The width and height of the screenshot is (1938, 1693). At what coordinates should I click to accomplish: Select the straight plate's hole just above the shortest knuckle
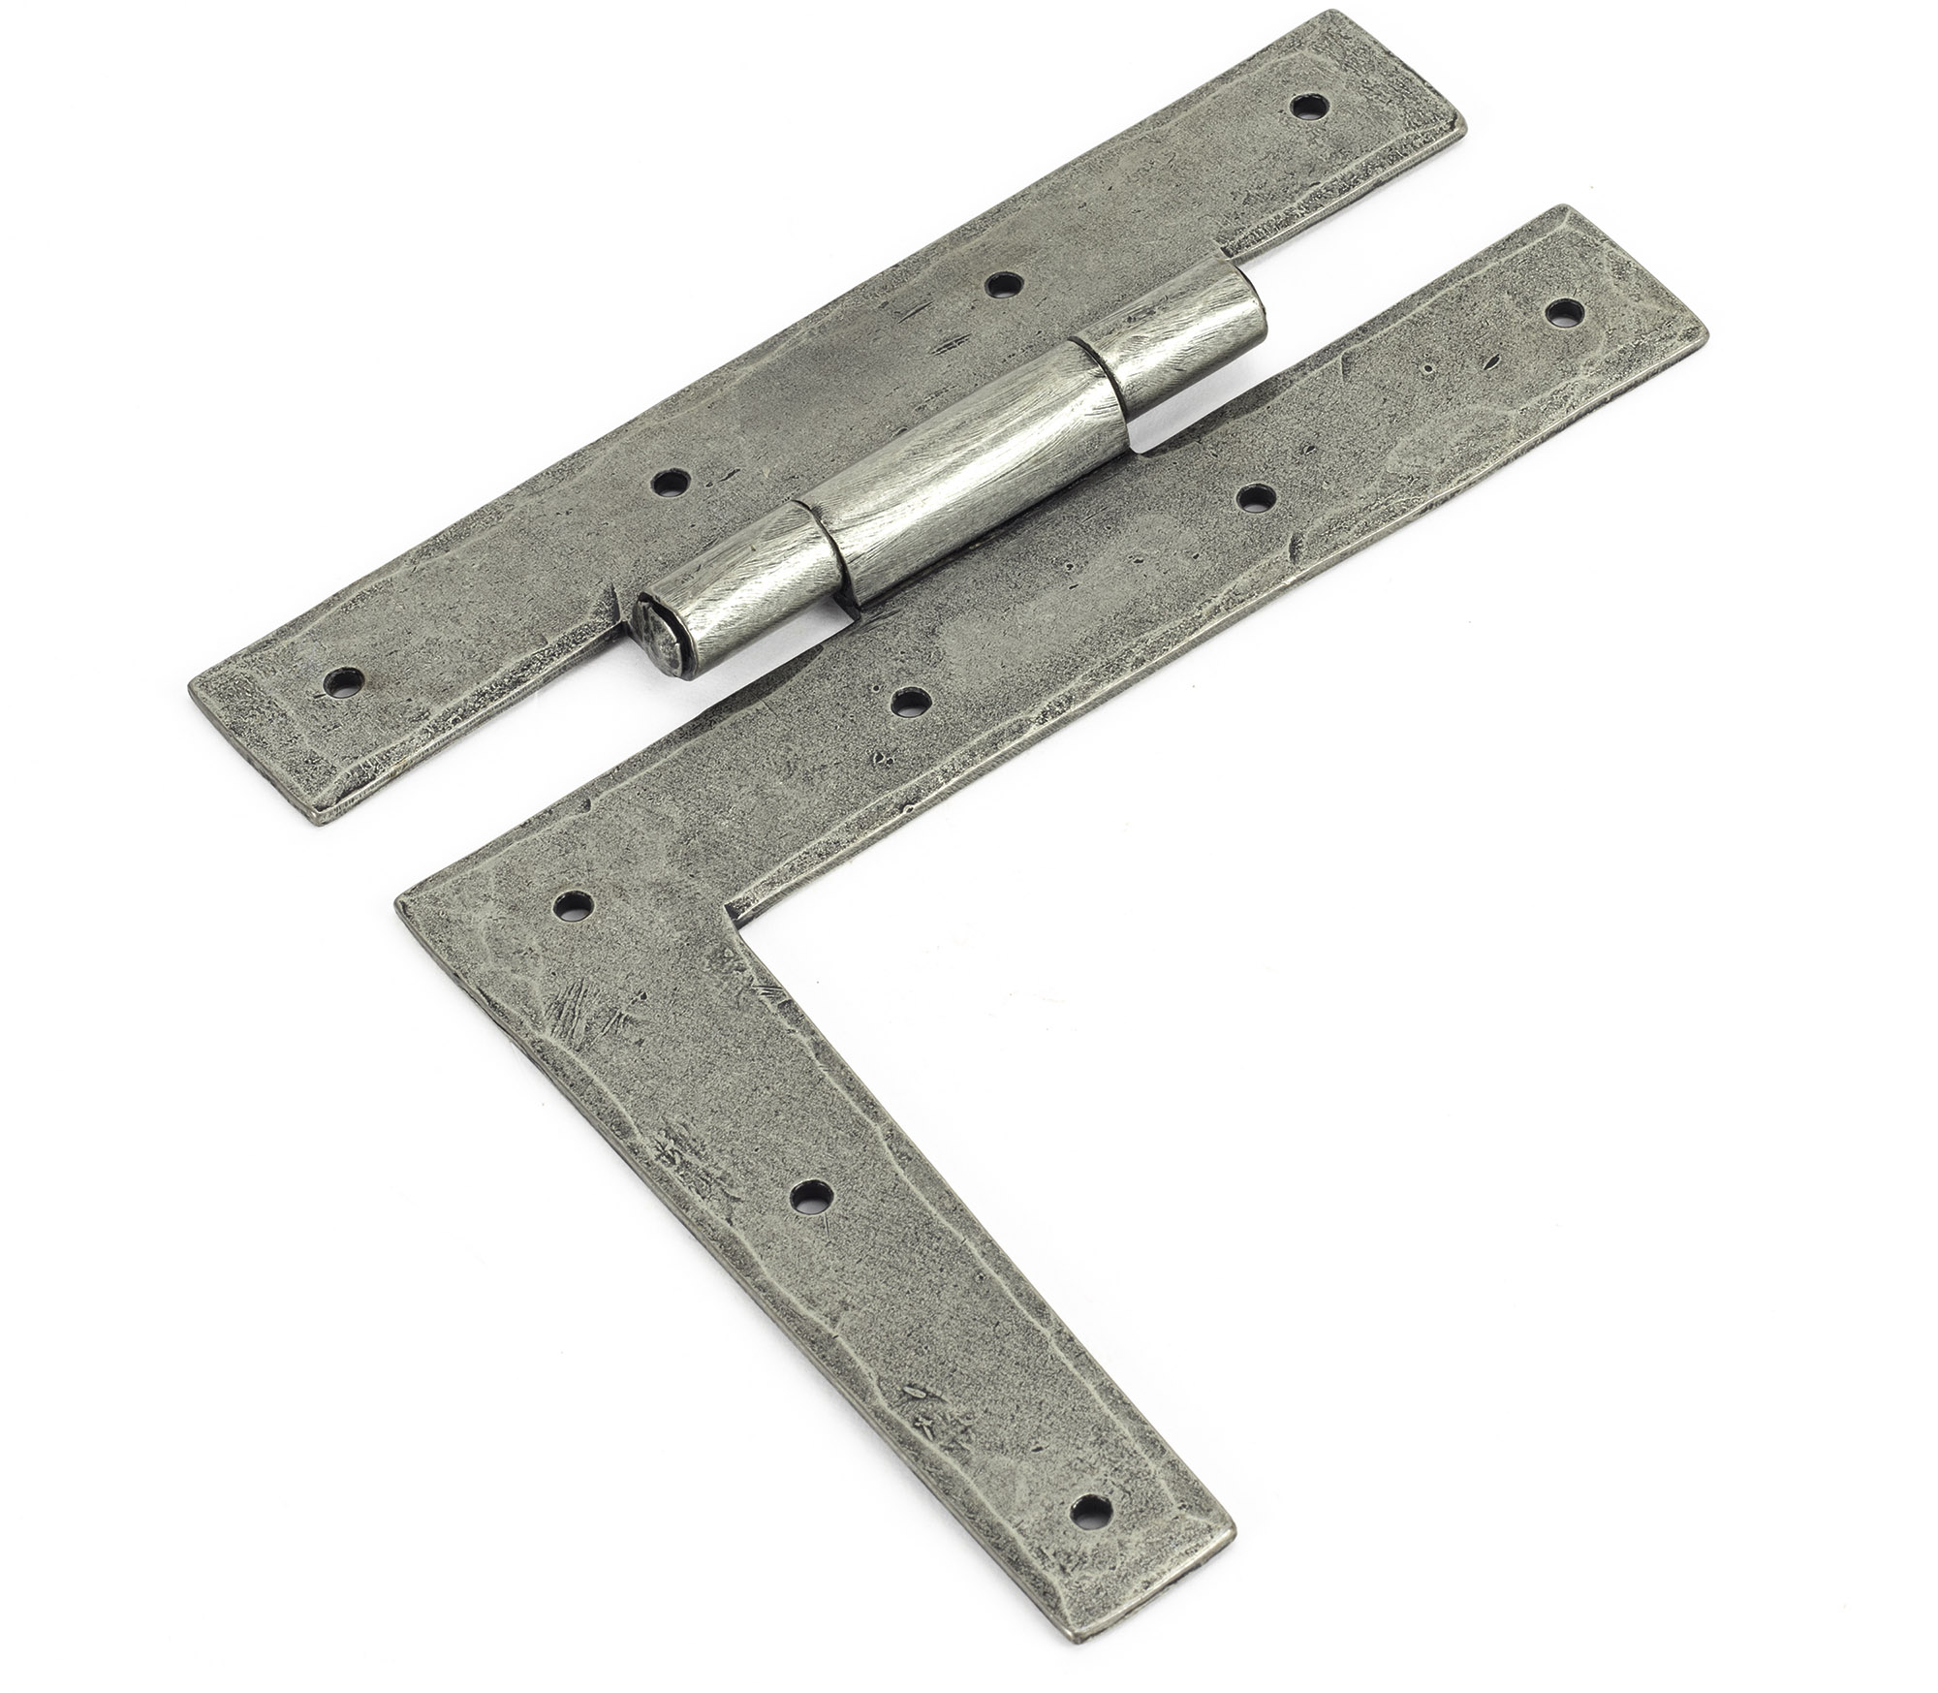tap(1004, 284)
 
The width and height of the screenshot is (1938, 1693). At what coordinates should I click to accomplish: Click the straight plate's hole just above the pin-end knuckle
tap(668, 481)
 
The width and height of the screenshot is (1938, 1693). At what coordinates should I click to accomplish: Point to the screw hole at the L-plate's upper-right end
tap(1563, 312)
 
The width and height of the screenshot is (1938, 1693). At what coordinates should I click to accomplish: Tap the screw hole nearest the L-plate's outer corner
tap(573, 905)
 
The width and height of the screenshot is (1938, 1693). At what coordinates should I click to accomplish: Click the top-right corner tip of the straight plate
tap(1463, 126)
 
